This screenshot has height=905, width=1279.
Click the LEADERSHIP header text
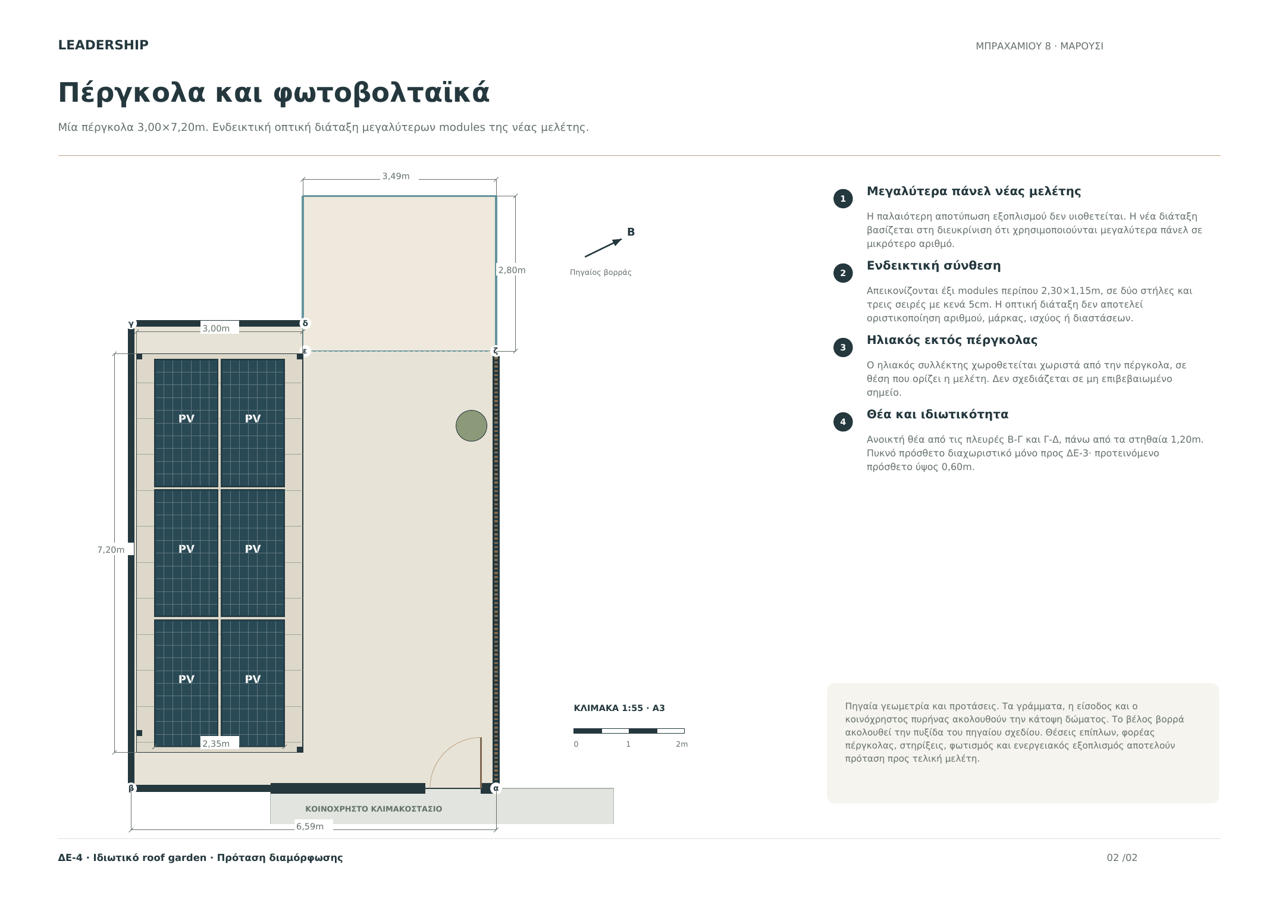point(103,45)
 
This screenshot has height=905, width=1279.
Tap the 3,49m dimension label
point(396,176)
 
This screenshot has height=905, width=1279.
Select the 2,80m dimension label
point(512,270)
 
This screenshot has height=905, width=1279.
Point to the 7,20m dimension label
point(111,550)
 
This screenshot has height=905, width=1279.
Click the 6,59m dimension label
point(310,826)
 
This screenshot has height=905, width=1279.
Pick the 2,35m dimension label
point(216,744)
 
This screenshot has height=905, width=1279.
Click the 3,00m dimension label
point(216,328)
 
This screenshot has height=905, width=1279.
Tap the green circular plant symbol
point(471,425)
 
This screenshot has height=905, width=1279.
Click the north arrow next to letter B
point(603,248)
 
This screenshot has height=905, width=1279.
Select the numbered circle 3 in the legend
point(843,347)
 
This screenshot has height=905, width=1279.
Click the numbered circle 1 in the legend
point(843,199)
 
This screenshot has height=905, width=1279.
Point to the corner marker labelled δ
point(305,324)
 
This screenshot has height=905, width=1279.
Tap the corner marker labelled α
point(496,788)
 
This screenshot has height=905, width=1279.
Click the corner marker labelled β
point(131,788)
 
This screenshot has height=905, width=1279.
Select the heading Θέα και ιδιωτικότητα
point(937,415)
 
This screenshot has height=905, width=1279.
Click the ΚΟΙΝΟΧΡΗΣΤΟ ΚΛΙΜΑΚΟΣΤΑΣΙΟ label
point(374,809)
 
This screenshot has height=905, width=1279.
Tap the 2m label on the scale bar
point(682,744)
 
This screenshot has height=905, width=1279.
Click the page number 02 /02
point(1122,858)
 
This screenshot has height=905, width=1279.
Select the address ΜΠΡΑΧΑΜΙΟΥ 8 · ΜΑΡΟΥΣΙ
point(1039,46)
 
